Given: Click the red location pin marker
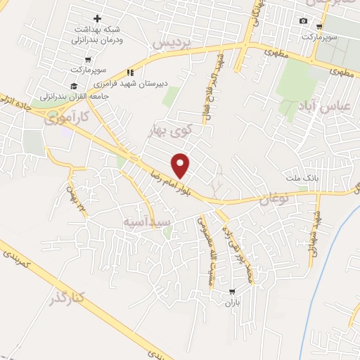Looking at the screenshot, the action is (181, 165).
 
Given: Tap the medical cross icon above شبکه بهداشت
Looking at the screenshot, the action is (97, 18).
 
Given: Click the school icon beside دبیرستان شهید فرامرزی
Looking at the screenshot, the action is (129, 72).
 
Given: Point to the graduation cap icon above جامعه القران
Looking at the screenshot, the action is (73, 85).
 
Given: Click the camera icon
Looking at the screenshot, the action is (303, 20).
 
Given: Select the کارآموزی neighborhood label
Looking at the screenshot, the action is (67, 117).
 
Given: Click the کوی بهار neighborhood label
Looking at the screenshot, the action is (170, 130).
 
